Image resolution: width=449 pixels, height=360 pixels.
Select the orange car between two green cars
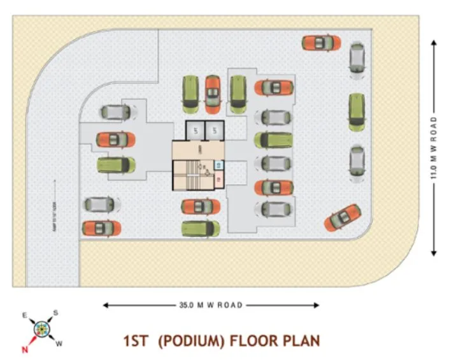211,94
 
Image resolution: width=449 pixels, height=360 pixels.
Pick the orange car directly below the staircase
200,206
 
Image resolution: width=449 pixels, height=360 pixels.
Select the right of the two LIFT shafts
215,131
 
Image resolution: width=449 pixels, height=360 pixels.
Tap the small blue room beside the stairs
218,166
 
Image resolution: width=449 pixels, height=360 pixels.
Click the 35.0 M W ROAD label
211,305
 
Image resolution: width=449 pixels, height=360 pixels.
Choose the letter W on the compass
60,345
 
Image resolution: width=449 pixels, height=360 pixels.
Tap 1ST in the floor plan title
138,341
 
